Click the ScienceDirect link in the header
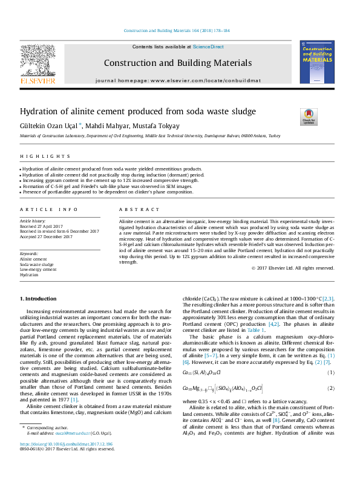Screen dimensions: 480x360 [208, 47]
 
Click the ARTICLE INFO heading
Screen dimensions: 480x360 [49, 209]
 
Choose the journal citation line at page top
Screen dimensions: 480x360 [176, 30]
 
